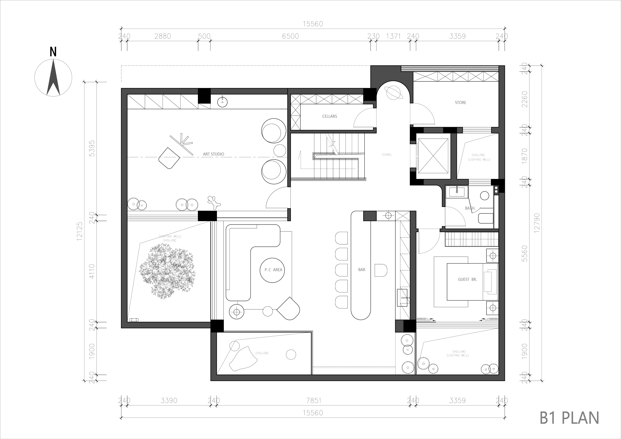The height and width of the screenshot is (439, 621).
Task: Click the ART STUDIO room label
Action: pos(213,154)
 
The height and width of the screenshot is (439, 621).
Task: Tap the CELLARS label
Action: pos(329,116)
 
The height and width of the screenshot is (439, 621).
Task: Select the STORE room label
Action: pos(460,102)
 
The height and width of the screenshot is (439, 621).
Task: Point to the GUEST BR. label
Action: pos(467,279)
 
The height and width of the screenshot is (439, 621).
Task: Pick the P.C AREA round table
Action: pos(272,270)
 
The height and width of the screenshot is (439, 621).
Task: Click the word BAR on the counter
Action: pos(362,270)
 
